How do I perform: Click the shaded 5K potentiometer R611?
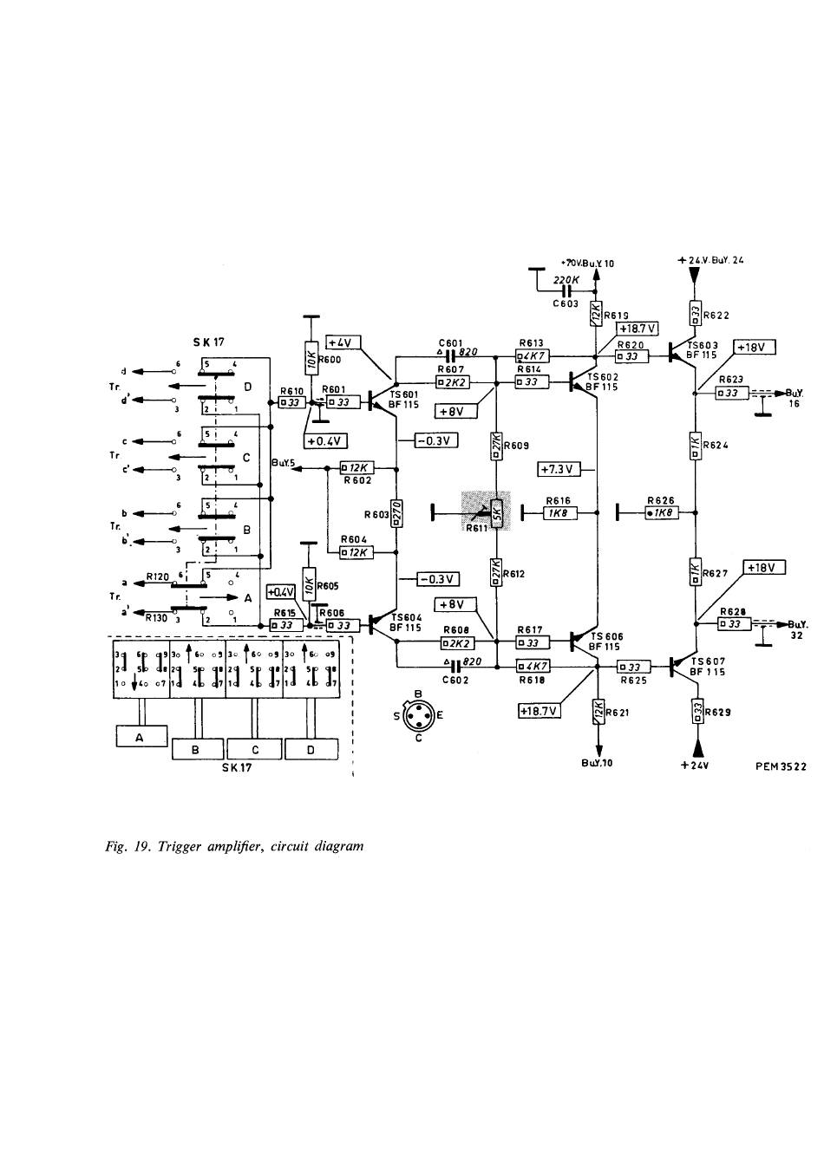(x=497, y=512)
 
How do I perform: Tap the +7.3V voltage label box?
(x=557, y=469)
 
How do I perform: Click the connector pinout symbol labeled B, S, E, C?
(x=418, y=715)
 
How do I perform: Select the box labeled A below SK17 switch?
(x=141, y=736)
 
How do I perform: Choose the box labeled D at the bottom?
(x=311, y=749)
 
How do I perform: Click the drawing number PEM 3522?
(x=781, y=766)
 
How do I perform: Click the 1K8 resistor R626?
(x=661, y=513)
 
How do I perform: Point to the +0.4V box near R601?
(x=326, y=440)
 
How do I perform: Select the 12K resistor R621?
(x=597, y=713)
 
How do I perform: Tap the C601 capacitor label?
(x=450, y=342)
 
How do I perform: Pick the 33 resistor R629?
(x=696, y=713)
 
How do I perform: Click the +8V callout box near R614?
(x=452, y=411)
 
